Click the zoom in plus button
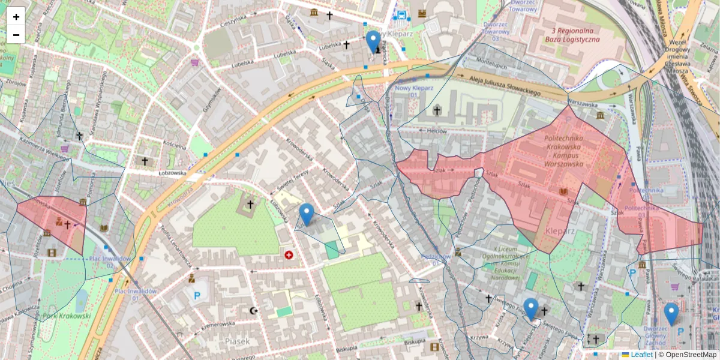[x=16, y=17]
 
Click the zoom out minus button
[x=16, y=35]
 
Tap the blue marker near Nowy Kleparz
[x=373, y=41]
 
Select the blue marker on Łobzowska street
[x=307, y=214]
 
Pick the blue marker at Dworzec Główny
[x=671, y=314]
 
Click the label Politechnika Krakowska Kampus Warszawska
[x=563, y=150]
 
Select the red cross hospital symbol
[x=289, y=255]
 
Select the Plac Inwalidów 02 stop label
[x=102, y=261]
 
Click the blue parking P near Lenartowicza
[x=197, y=295]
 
